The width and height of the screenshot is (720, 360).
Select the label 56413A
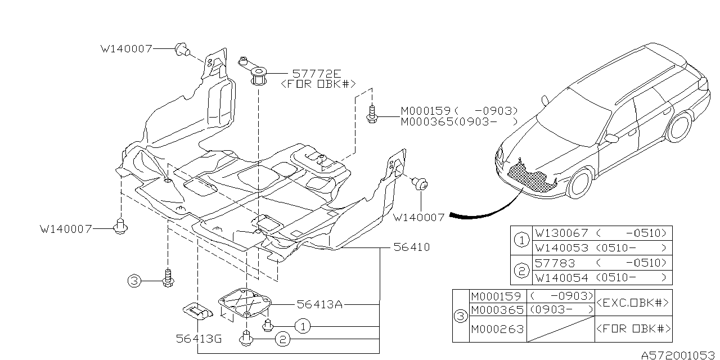[319, 304]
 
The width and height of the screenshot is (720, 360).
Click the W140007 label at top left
[126, 49]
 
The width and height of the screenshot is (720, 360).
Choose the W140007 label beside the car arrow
[418, 217]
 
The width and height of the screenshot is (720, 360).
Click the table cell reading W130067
[561, 233]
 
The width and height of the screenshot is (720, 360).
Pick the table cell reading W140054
[561, 277]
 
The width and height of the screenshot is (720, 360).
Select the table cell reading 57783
[553, 263]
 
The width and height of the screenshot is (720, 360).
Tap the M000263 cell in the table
[497, 329]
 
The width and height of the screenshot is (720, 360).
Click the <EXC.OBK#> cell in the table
[633, 303]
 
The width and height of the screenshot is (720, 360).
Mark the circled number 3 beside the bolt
[133, 281]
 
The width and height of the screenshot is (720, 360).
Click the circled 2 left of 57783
[521, 271]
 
